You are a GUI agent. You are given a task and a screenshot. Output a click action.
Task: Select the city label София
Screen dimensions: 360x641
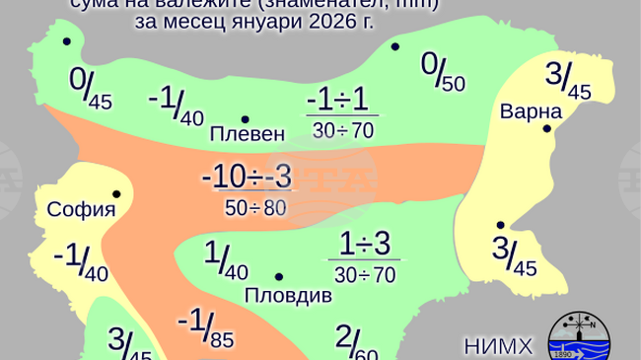pos(82,209)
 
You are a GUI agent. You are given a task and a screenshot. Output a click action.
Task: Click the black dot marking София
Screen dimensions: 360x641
pos(116,193)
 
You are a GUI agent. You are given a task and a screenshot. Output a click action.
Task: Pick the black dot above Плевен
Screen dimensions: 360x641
pos(245,118)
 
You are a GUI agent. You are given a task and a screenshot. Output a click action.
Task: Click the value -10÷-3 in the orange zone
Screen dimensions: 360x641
pos(247,179)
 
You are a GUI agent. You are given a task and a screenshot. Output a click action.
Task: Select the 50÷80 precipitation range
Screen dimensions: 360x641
pos(254,208)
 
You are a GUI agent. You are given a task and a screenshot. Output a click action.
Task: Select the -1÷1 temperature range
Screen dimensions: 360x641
pos(336,102)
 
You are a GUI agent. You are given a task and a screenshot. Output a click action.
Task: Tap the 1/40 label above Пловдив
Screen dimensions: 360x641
pos(225,259)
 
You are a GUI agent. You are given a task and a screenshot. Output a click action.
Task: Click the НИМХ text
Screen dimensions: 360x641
pos(498,345)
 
